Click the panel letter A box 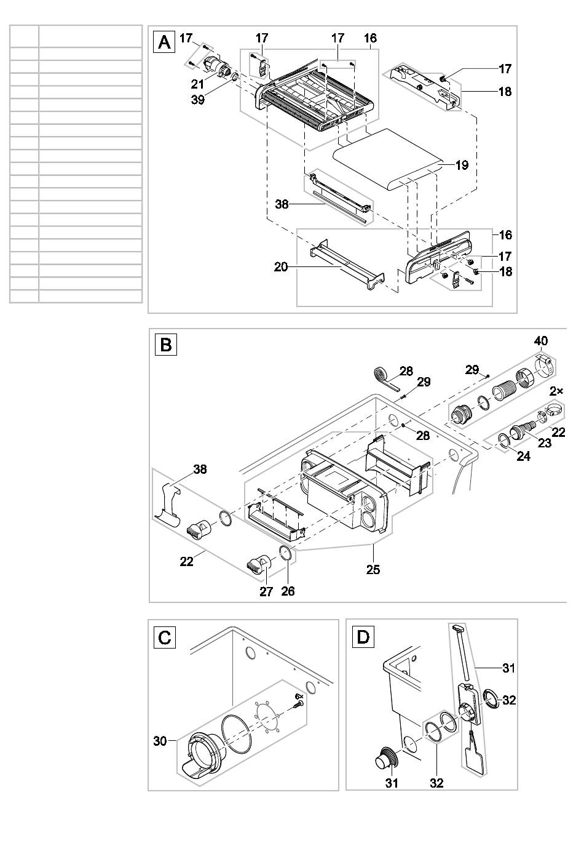coord(164,42)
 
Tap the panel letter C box coord(164,637)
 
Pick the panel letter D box coord(363,637)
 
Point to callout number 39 coord(197,100)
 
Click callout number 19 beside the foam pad coord(461,165)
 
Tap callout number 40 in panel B coord(541,341)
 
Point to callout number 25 coord(373,570)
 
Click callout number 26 coord(288,591)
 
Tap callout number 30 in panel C coord(160,741)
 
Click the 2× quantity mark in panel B coord(556,391)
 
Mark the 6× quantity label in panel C coord(299,696)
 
